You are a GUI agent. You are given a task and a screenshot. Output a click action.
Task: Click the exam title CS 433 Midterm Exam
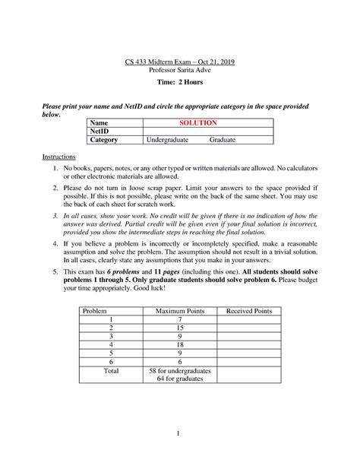[x=180, y=61]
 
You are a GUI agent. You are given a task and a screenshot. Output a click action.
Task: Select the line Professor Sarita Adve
[x=180, y=70]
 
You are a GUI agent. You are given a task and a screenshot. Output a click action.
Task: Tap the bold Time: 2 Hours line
[x=180, y=82]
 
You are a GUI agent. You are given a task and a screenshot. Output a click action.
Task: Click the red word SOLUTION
[x=198, y=122]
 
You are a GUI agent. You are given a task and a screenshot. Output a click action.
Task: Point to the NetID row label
[x=101, y=132]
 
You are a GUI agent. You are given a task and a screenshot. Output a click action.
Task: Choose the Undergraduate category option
[x=169, y=141]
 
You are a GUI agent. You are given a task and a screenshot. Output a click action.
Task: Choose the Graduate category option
[x=223, y=141]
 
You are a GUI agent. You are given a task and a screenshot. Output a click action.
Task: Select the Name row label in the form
[x=99, y=122]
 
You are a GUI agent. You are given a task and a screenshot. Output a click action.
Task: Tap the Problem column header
[x=95, y=311]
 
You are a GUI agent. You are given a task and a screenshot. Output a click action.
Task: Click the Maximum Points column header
[x=181, y=311]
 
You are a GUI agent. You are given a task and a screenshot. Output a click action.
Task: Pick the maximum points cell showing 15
[x=181, y=328]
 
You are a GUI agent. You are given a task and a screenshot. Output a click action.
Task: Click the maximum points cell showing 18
[x=181, y=345]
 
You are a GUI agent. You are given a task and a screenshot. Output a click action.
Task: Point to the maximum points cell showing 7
[x=181, y=320]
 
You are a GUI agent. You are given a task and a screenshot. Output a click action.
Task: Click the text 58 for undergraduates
[x=181, y=371]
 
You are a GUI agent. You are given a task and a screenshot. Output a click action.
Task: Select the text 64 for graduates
[x=181, y=380]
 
